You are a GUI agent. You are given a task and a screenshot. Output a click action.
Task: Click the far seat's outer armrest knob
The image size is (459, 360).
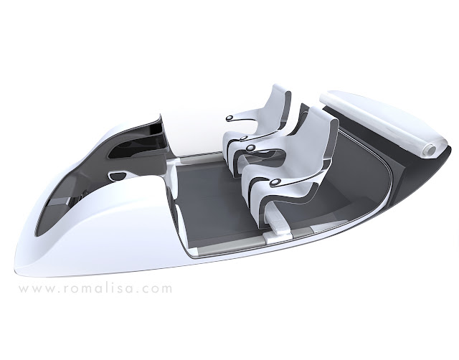230,118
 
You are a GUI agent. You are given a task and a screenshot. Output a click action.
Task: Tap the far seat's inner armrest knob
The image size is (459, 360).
244,138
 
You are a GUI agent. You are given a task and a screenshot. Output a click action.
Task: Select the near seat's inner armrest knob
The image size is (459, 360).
251,148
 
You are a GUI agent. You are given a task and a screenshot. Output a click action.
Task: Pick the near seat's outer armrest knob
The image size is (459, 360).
275,183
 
